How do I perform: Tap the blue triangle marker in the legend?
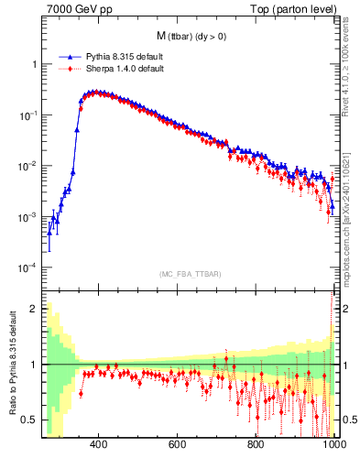point(68,55)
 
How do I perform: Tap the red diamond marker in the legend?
point(68,67)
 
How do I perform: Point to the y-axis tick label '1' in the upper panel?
point(35,65)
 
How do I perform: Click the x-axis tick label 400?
point(99,445)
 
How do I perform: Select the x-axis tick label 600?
point(178,445)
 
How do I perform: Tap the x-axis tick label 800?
point(256,445)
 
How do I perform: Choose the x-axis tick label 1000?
point(333,445)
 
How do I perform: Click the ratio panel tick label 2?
point(35,309)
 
